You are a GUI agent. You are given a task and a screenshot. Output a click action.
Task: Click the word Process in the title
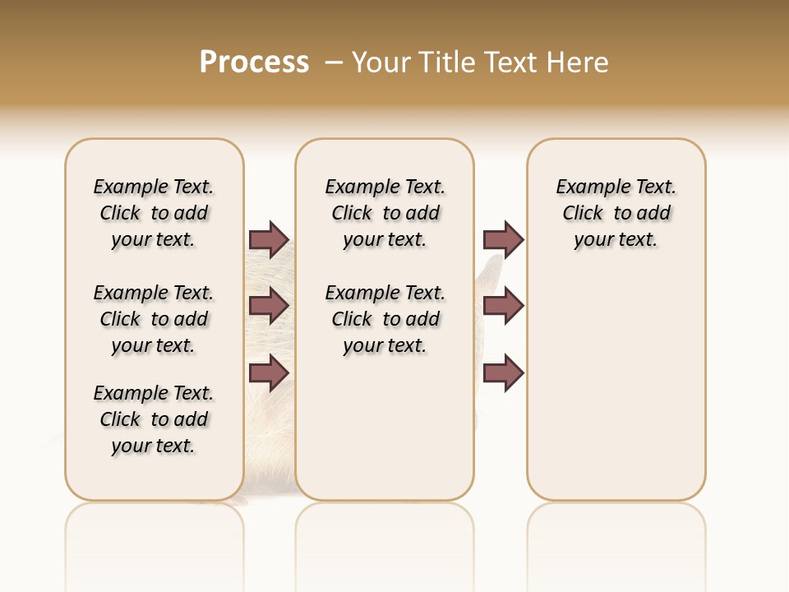(x=254, y=62)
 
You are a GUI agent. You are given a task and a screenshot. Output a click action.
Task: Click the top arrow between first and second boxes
(x=269, y=239)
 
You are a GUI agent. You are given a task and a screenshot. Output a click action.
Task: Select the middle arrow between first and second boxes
(x=269, y=306)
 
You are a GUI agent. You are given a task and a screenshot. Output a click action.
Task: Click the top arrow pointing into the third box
(x=503, y=239)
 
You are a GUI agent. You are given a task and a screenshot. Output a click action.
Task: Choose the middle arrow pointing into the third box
(x=503, y=306)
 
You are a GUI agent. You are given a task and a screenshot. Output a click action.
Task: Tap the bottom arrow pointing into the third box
(x=503, y=373)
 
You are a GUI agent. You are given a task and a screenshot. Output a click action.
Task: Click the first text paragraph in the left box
(x=154, y=213)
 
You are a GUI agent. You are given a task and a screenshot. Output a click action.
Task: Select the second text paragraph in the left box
(x=154, y=319)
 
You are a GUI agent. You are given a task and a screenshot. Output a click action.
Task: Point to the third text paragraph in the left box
(x=154, y=419)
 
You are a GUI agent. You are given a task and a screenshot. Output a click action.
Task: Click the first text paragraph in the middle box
(x=385, y=213)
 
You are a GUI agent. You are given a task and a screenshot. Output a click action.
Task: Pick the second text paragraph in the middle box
(x=385, y=319)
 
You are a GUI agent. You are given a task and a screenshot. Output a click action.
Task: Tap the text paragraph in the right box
(x=616, y=213)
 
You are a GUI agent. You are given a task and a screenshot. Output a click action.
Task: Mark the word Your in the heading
(x=381, y=62)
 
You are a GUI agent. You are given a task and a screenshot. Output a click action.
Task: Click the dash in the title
(x=334, y=62)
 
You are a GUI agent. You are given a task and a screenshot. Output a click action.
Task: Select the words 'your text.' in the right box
(x=616, y=240)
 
